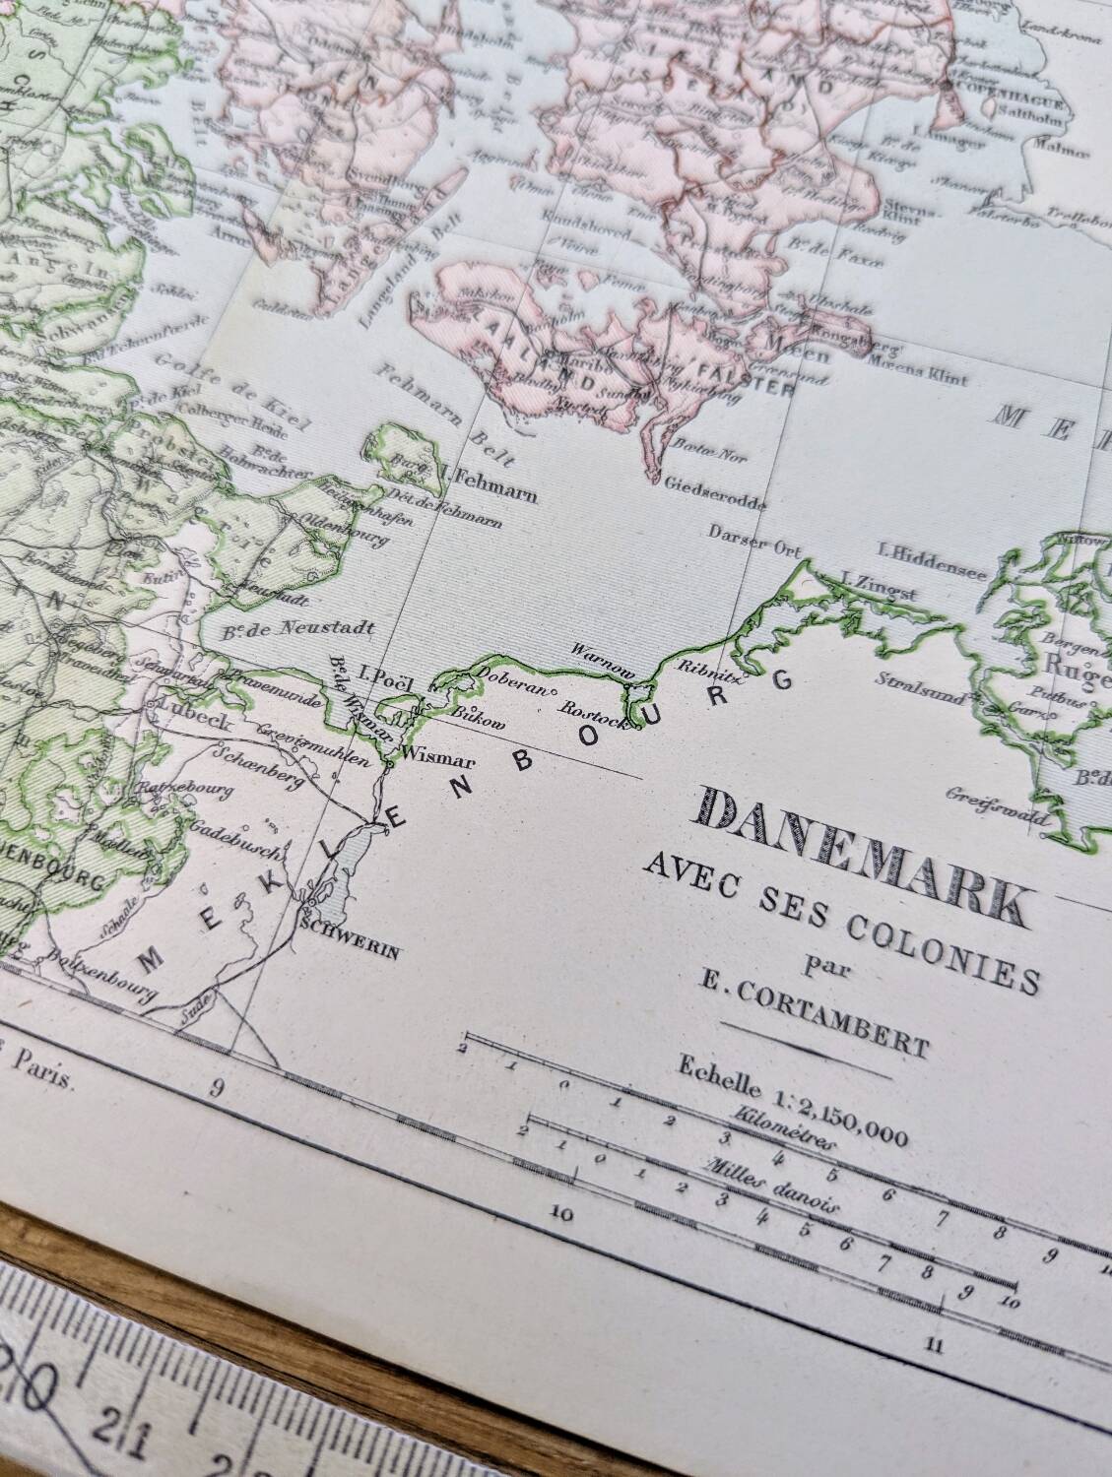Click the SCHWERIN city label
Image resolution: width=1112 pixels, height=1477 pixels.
point(352,927)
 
